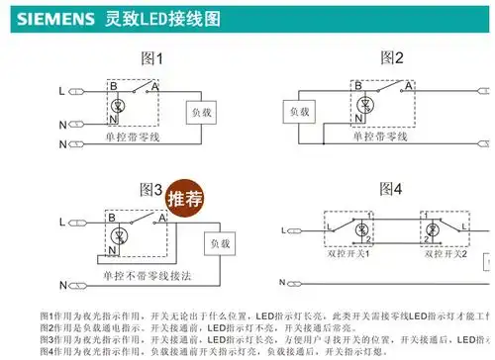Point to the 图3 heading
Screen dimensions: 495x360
151,189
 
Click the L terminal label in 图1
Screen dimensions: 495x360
61,91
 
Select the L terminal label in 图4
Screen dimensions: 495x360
284,229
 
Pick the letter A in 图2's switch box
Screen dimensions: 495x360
406,86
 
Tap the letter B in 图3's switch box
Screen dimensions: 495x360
112,215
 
